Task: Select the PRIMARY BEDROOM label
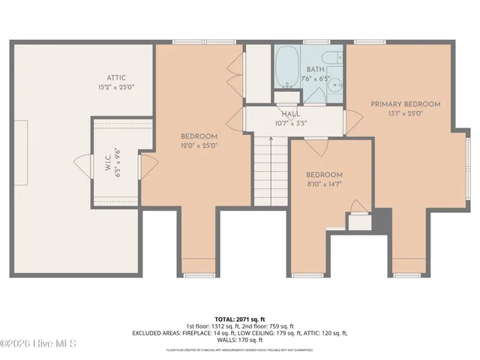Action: (x=405, y=104)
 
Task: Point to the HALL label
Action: (x=291, y=114)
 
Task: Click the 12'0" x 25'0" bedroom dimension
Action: (x=199, y=146)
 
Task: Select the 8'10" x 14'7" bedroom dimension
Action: (x=324, y=184)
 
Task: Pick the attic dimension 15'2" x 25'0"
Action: (x=116, y=87)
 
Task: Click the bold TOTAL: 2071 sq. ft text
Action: (x=240, y=319)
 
